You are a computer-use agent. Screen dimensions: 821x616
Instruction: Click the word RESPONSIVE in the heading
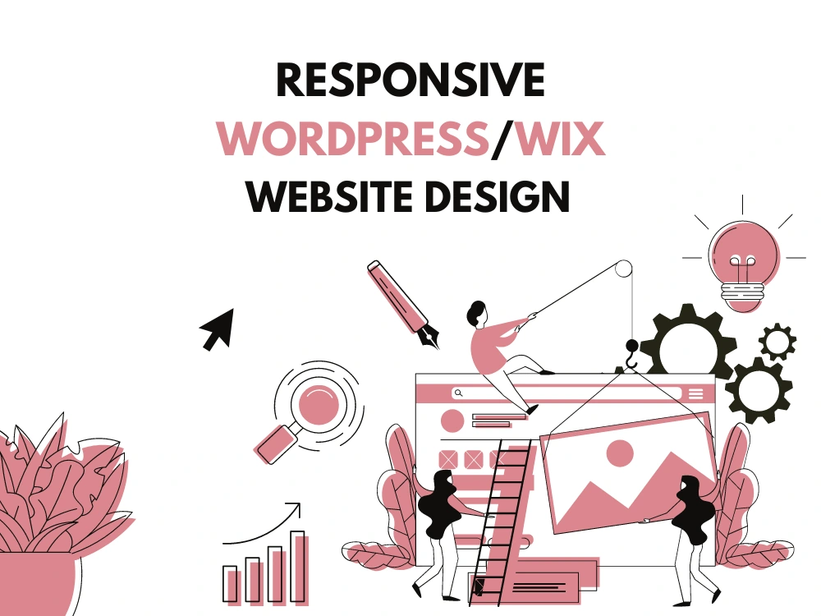(x=411, y=80)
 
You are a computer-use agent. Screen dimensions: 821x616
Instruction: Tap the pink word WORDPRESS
(x=353, y=138)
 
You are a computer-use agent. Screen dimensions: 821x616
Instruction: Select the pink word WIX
(x=560, y=138)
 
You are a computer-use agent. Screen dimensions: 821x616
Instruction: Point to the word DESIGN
(x=498, y=196)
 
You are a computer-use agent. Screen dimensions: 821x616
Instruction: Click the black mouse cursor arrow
(x=218, y=329)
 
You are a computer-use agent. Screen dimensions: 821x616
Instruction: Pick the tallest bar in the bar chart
(x=297, y=567)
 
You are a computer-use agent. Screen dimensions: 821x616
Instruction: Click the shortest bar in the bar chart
(x=230, y=583)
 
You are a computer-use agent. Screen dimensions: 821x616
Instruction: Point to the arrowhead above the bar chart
(x=294, y=508)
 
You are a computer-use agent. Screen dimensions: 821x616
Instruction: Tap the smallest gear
(x=777, y=342)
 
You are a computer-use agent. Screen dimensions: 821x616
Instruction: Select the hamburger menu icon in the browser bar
(x=696, y=394)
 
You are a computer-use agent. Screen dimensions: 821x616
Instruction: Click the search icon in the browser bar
(x=459, y=393)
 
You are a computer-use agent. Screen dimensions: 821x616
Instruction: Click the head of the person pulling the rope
(x=478, y=313)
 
